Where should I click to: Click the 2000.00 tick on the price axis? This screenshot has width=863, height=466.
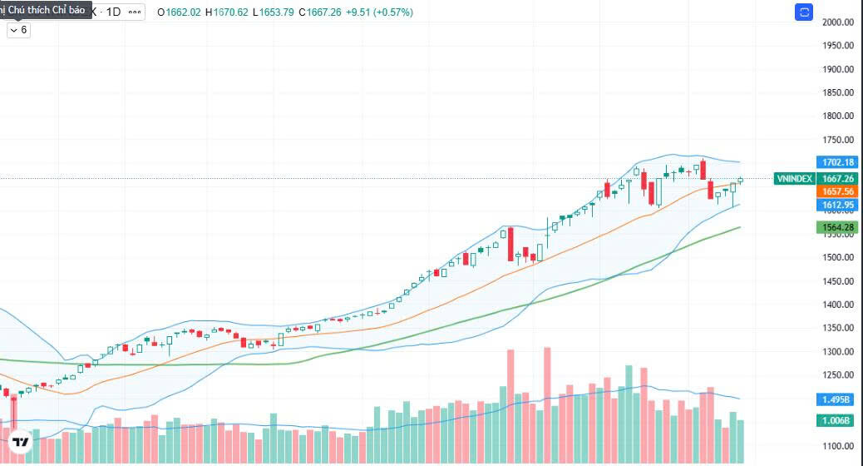pyautogui.click(x=837, y=22)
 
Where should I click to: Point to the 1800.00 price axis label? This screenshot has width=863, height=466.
pyautogui.click(x=837, y=116)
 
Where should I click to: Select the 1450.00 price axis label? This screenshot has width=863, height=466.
pyautogui.click(x=837, y=281)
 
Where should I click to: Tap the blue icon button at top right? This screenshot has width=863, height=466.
pyautogui.click(x=804, y=12)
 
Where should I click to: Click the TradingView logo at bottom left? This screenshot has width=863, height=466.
pyautogui.click(x=21, y=441)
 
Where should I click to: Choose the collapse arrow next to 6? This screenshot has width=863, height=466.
pyautogui.click(x=13, y=30)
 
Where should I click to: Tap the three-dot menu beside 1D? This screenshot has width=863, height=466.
pyautogui.click(x=136, y=12)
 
